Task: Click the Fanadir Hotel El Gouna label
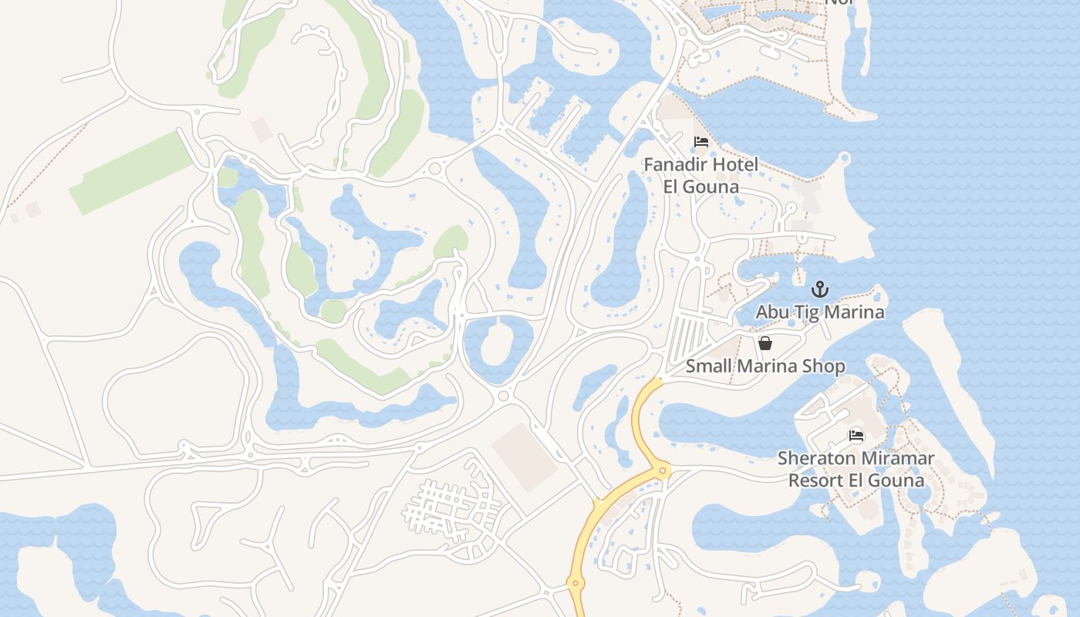tap(701, 175)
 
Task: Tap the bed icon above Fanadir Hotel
tap(701, 142)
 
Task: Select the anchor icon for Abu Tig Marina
tap(820, 290)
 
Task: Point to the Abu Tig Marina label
tap(820, 312)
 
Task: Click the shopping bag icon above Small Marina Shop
tap(765, 343)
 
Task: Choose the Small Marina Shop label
tap(765, 366)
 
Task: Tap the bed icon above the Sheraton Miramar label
tap(856, 435)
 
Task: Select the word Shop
tap(825, 366)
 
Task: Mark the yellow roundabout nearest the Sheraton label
tap(663, 470)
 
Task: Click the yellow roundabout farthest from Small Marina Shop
tap(574, 584)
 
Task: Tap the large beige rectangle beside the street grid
tap(525, 457)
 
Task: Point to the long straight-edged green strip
tap(131, 174)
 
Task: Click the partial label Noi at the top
tap(839, 2)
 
